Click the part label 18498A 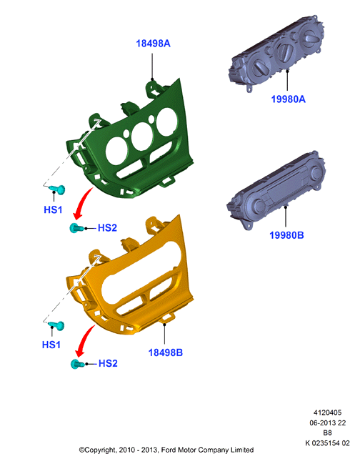(x=153, y=44)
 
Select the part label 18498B (x=166, y=352)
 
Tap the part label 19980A (x=288, y=99)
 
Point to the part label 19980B (x=286, y=235)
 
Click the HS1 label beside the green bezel (x=53, y=209)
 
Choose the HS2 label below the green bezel (x=107, y=228)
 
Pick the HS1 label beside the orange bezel (x=51, y=345)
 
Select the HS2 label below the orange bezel (x=108, y=363)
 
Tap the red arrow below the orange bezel (x=84, y=340)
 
